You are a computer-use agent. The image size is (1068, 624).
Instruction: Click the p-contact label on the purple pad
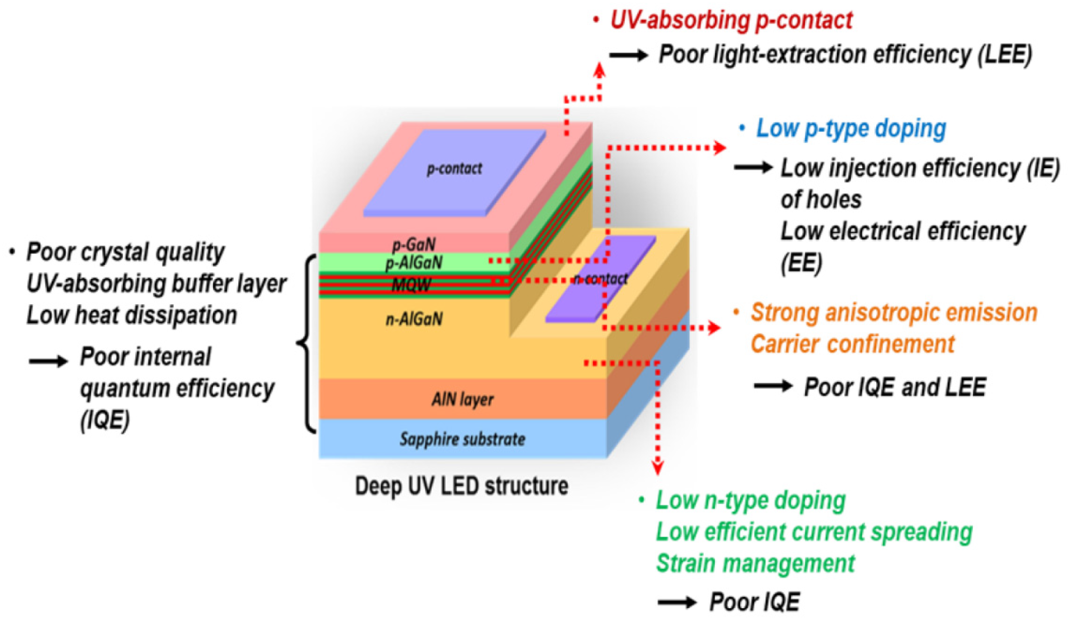(x=454, y=169)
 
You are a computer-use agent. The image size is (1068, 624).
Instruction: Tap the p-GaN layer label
(x=414, y=244)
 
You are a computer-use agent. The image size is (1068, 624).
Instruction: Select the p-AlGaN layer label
(x=414, y=263)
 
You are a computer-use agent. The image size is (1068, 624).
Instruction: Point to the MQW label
(x=411, y=285)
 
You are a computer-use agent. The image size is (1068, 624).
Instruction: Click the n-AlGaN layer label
(x=414, y=319)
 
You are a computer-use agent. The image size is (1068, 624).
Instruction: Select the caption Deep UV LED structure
(x=461, y=486)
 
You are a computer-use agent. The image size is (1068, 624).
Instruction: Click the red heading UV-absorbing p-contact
(x=731, y=20)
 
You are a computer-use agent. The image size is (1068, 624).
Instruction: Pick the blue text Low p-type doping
(x=851, y=129)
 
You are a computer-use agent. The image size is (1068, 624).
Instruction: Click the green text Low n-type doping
(x=751, y=501)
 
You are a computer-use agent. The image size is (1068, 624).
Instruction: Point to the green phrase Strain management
(x=755, y=563)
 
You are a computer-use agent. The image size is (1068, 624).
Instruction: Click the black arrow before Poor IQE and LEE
(x=773, y=386)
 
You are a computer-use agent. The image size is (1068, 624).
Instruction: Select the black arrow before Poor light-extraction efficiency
(x=629, y=55)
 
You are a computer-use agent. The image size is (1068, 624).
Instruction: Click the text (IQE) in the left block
(x=105, y=420)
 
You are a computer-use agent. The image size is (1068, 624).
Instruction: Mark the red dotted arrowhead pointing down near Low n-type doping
(x=657, y=469)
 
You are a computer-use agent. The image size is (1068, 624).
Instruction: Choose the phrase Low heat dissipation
(x=131, y=315)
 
